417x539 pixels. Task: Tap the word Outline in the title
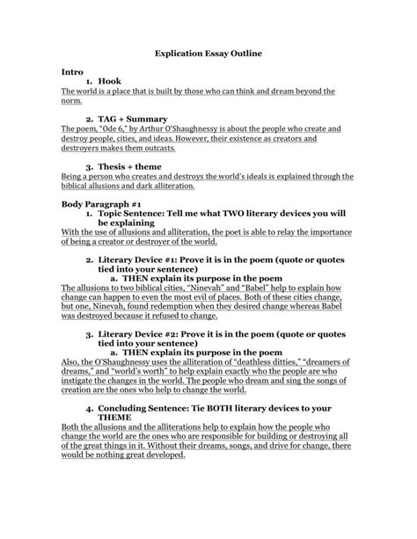[243, 54]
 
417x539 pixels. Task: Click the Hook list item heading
[109, 80]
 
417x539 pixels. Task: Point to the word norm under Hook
[72, 100]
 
